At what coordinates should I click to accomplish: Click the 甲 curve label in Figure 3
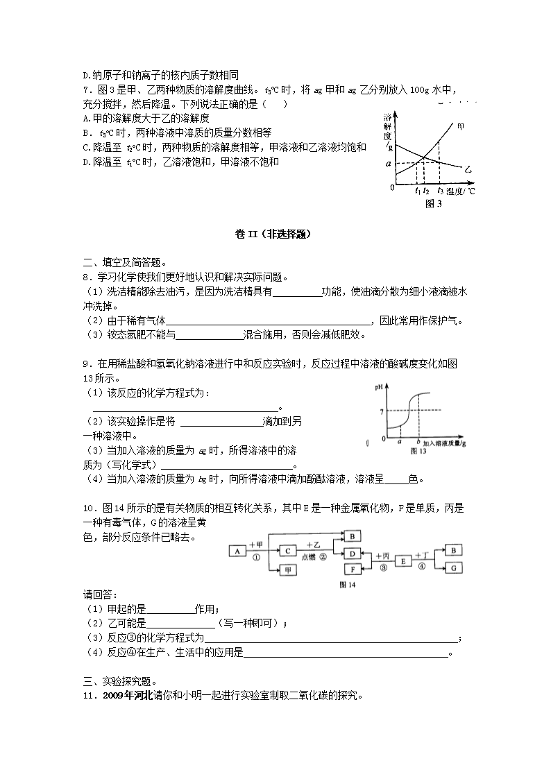click(x=460, y=127)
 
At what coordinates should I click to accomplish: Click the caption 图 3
click(x=433, y=203)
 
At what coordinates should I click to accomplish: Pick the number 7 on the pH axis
click(x=380, y=412)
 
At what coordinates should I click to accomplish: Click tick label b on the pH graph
click(x=417, y=441)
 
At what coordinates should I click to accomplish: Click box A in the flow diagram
click(x=237, y=551)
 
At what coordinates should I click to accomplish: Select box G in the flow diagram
click(x=452, y=567)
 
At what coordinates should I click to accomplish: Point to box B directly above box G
click(x=452, y=550)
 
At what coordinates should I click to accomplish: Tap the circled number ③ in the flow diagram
click(x=383, y=567)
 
